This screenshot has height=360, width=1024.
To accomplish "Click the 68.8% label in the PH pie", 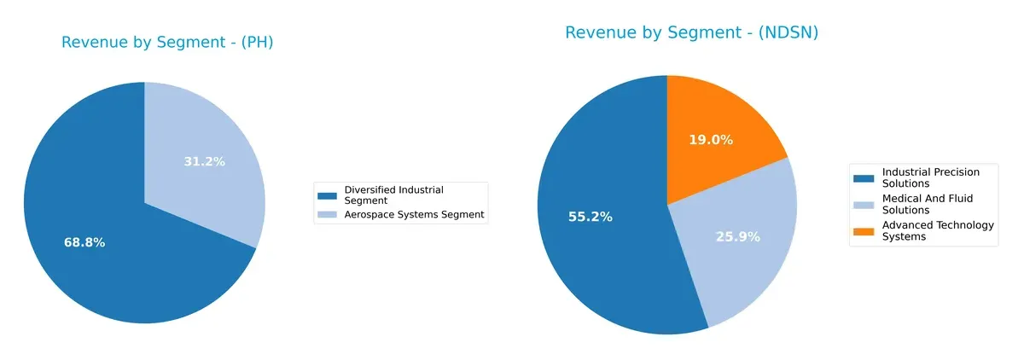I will (x=84, y=243).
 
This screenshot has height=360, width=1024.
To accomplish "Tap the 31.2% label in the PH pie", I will (x=205, y=161).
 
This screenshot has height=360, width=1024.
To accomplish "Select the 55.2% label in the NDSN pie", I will (x=591, y=217).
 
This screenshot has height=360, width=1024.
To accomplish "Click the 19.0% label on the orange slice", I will (x=711, y=140).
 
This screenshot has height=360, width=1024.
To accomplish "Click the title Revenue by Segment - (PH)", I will (x=167, y=43).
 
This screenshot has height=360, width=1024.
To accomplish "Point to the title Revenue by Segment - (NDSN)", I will (x=692, y=33).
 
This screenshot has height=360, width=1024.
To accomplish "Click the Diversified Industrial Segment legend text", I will (x=393, y=195).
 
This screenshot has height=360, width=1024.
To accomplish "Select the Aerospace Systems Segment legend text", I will (x=414, y=215).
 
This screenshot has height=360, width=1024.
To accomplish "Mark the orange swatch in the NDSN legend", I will (x=864, y=226).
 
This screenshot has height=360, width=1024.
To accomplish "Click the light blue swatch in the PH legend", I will (x=328, y=216).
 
